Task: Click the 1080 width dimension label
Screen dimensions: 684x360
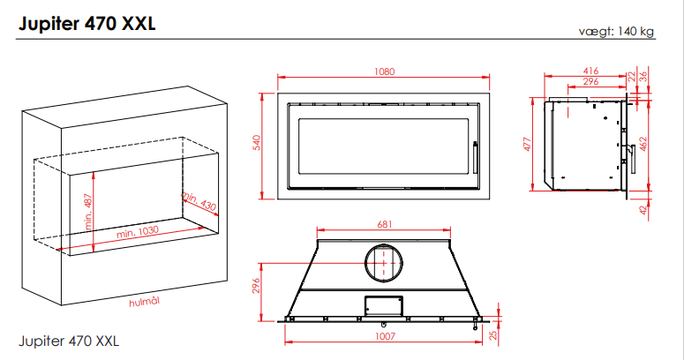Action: [x=384, y=71]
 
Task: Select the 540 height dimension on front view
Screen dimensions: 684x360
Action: [x=257, y=143]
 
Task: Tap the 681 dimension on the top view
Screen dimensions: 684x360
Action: [x=384, y=224]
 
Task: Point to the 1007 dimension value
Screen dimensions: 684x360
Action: [x=385, y=336]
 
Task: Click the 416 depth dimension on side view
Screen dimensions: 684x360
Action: [x=590, y=71]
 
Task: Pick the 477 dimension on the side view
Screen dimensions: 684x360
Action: [x=528, y=144]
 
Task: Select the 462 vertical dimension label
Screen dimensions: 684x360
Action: [x=643, y=144]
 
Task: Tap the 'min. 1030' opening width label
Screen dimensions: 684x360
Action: [x=138, y=232]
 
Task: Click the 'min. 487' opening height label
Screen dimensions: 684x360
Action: [x=88, y=212]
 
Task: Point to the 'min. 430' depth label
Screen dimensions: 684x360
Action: [x=199, y=201]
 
